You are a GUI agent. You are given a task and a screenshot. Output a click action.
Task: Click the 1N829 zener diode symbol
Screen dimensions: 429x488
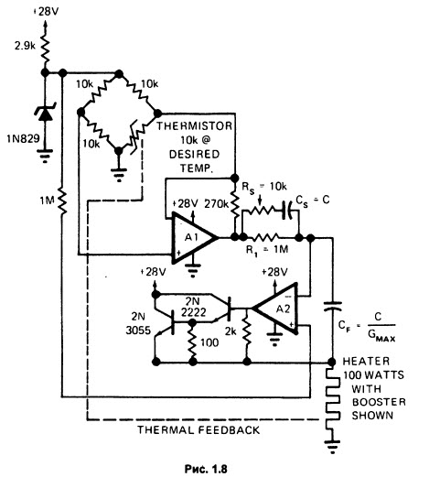click(x=45, y=114)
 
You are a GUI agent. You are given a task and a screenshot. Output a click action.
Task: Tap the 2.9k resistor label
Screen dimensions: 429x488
click(x=25, y=46)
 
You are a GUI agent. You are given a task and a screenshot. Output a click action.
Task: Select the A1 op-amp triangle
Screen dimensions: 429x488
click(x=194, y=238)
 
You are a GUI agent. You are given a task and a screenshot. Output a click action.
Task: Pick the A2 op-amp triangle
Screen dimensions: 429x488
click(x=275, y=309)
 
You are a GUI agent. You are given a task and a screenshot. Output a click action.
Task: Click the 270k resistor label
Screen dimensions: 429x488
click(x=217, y=204)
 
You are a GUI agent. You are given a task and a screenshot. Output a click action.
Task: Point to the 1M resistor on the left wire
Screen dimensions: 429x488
click(x=62, y=201)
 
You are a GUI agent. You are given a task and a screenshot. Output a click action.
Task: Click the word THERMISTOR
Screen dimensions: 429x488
click(x=194, y=126)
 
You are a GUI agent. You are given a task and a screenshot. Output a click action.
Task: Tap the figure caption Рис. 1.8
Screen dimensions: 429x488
click(x=206, y=469)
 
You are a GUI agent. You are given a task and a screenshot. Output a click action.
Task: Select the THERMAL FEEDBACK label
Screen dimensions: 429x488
click(x=198, y=429)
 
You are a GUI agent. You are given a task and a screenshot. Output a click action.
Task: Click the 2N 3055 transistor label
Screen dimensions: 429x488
click(x=138, y=323)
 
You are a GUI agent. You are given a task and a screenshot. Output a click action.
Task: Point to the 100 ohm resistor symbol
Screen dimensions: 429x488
click(x=193, y=342)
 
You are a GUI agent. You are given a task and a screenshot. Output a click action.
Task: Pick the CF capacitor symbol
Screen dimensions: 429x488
click(x=332, y=306)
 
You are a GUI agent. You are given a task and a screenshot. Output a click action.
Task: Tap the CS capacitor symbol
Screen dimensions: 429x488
click(x=288, y=211)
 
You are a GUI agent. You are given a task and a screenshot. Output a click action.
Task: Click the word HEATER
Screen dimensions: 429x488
click(x=366, y=361)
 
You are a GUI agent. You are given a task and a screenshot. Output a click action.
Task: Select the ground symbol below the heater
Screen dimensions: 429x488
click(x=333, y=446)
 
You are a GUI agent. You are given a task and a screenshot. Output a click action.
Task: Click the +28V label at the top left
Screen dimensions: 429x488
click(x=46, y=12)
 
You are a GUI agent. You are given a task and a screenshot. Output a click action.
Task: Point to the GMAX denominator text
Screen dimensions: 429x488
click(x=381, y=335)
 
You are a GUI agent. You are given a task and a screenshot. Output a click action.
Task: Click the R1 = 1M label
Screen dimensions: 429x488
click(x=267, y=250)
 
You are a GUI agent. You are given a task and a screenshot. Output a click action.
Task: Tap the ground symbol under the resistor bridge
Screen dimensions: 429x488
click(x=119, y=175)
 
